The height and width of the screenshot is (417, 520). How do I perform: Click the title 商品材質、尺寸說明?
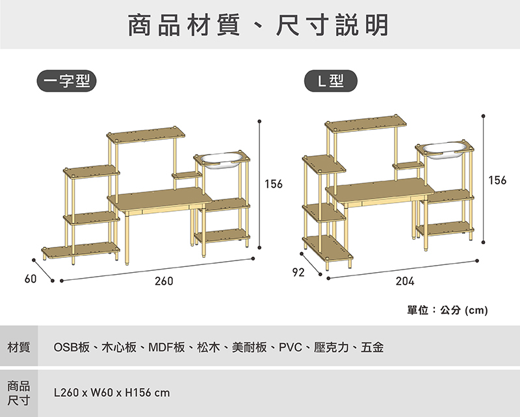pos(258,25)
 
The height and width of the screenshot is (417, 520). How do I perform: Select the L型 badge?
pos(330,81)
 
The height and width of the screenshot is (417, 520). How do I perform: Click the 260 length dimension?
pos(164,282)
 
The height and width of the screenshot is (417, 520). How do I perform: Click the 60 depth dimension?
pos(30,279)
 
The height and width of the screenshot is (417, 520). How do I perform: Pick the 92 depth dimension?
pos(298,273)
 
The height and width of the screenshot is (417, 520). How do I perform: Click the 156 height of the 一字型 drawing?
pos(274,184)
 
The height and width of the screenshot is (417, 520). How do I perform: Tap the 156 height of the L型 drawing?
pos(497,180)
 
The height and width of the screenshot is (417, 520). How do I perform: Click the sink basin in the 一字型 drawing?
pos(224,159)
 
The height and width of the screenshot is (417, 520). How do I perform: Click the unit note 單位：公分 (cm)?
pos(447,310)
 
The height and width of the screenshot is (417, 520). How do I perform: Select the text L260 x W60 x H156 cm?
pos(112,393)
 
